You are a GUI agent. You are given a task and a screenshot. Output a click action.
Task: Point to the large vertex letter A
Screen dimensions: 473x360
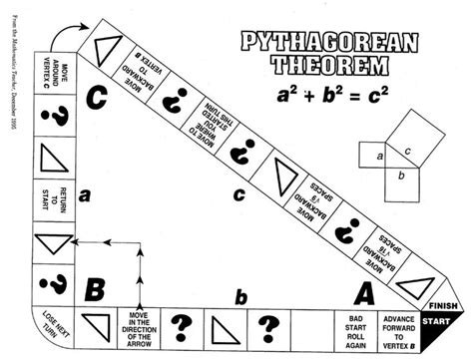pos(365,292)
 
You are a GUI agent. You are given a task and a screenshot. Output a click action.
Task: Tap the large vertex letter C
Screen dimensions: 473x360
pos(97,98)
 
